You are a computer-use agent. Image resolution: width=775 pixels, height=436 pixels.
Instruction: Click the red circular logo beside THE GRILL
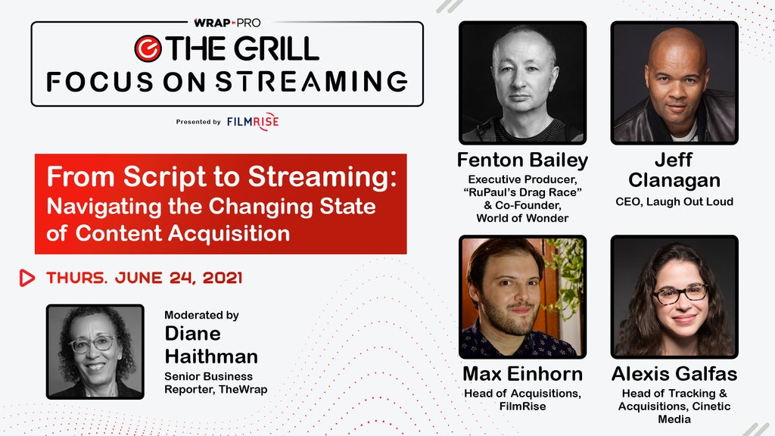tap(148, 48)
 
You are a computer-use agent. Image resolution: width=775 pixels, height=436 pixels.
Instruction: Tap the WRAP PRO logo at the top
tap(227, 23)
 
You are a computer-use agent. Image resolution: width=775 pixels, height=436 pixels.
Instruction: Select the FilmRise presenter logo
tap(253, 121)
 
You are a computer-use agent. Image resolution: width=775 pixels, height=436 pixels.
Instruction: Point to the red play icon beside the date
tap(26, 278)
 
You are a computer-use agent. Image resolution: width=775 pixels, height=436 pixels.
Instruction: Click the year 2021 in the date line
tap(223, 278)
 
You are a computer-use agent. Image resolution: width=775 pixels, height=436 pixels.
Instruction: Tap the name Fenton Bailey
tap(522, 160)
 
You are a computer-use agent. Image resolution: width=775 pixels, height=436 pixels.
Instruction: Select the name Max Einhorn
tap(522, 374)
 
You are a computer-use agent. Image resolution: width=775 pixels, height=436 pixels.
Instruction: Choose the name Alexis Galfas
tap(674, 374)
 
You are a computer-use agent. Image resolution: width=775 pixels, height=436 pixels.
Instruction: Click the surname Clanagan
tap(674, 180)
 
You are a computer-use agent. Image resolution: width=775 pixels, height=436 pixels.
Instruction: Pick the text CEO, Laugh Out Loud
tap(674, 201)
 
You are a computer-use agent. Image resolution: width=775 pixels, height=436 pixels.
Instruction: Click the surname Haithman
tap(211, 357)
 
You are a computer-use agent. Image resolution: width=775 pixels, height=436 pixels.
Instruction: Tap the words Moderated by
tap(201, 315)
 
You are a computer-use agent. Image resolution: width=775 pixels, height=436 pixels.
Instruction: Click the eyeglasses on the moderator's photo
tap(93, 344)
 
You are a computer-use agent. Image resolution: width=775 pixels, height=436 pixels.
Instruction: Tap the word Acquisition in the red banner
tap(232, 234)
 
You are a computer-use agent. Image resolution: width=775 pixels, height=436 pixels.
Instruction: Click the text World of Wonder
tap(522, 218)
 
